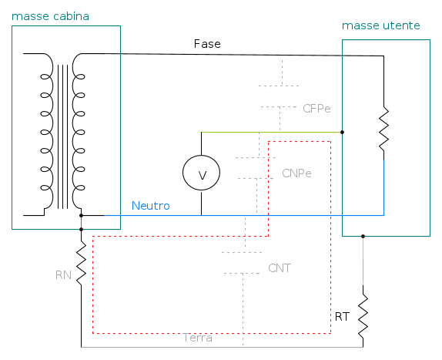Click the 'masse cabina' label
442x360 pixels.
coord(50,16)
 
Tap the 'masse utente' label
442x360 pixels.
coord(381,25)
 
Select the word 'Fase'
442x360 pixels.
coord(207,44)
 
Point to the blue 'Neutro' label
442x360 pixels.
coord(151,206)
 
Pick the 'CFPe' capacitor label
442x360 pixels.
coord(316,109)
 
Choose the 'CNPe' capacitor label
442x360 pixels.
coord(296,173)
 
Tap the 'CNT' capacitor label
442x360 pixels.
coord(280,268)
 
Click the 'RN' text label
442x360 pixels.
coord(63,275)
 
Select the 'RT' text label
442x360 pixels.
coord(342,317)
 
